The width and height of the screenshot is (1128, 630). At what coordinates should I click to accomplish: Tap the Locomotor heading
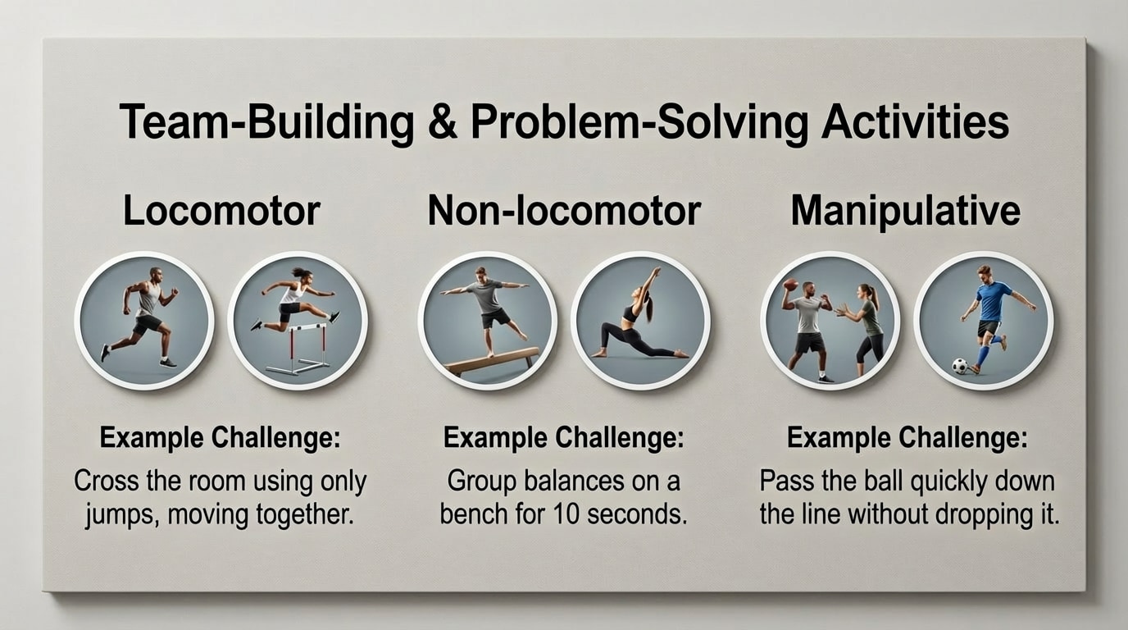coord(221,211)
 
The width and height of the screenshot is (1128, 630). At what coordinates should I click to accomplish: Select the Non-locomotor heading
coord(564,211)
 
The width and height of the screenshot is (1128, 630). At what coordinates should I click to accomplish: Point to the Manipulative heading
coord(905,211)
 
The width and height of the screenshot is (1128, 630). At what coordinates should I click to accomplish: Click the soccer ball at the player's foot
coord(960,366)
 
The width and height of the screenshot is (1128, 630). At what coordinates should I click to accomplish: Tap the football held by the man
coord(790,285)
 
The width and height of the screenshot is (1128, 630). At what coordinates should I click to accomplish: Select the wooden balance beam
coord(491,362)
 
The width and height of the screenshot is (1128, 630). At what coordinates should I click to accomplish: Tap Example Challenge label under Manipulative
coord(907,438)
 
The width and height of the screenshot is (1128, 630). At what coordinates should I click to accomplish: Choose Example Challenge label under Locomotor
coord(220,438)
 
